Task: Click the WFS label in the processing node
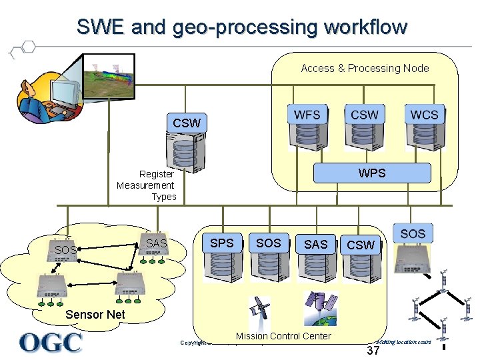pos(307,115)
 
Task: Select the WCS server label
pos(424,115)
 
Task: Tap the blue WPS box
pos(372,173)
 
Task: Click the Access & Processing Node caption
pos(365,68)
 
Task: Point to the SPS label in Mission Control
pos(222,243)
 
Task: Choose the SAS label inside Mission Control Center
pos(315,245)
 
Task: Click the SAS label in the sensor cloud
pos(157,243)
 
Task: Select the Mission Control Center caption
pos(283,336)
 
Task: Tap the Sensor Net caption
pos(95,315)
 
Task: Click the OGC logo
pos(51,342)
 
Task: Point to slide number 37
pos(373,351)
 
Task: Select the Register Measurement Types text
pos(146,185)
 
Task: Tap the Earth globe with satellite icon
pos(319,307)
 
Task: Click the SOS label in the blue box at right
pos(413,234)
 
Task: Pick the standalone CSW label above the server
pos(186,123)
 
